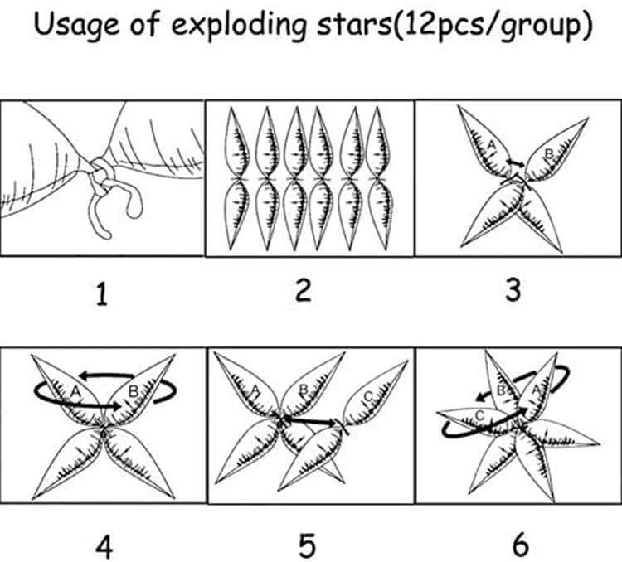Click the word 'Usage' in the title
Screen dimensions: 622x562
pos(76,25)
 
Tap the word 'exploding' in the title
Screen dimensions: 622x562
pos(239,26)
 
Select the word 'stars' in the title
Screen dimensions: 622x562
pos(354,25)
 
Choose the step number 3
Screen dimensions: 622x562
pos(513,290)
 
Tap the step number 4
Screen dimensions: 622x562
pos(104,547)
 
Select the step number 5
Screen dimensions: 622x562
pos(307,546)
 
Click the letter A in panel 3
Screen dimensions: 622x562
pos(492,146)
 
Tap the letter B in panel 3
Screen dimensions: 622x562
pos(549,153)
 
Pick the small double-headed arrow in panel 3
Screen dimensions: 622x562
pos(515,162)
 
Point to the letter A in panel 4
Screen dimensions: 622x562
pos(75,392)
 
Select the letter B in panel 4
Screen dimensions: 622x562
pos(134,392)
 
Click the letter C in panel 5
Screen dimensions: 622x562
pos(368,396)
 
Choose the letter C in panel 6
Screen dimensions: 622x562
pos(479,415)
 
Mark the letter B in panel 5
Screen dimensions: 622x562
pos(303,390)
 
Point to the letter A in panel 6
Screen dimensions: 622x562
pos(536,390)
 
